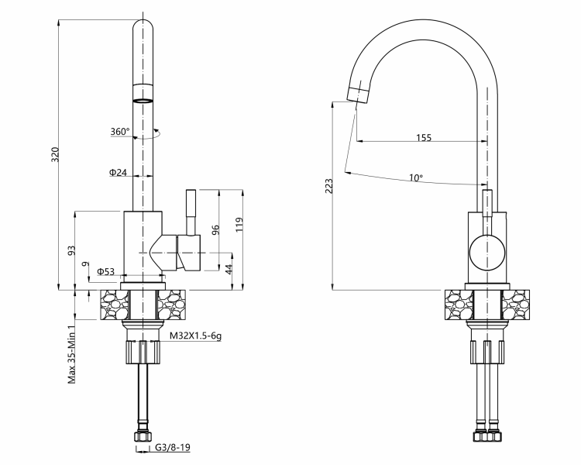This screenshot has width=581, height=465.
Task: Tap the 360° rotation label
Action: [x=119, y=132]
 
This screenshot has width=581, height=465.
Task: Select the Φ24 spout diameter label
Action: [x=118, y=172]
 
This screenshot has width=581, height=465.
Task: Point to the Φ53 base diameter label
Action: [x=106, y=271]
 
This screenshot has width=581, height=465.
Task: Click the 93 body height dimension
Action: [x=71, y=250]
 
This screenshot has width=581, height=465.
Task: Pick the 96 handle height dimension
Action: [x=216, y=230]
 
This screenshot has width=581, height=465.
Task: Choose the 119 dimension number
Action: [x=241, y=225]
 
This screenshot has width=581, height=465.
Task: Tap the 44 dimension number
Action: [x=229, y=269]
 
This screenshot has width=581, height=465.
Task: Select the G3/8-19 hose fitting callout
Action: [x=173, y=448]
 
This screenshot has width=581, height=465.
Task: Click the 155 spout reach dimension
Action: [x=423, y=138]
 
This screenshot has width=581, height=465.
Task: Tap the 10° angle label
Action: [x=416, y=177]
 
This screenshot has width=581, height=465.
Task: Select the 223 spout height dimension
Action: [x=328, y=188]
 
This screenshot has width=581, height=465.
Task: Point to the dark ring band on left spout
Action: [x=143, y=100]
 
